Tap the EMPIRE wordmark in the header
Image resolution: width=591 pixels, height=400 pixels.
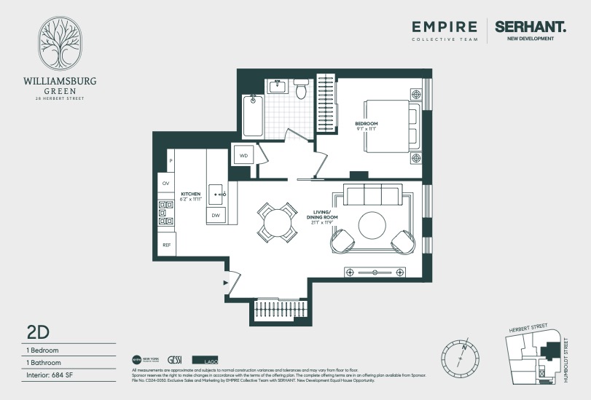point(445,27)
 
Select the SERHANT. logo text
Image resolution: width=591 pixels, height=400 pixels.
point(530,27)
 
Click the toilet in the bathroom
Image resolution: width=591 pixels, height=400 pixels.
point(301,90)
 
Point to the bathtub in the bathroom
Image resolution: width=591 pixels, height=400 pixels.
point(252,117)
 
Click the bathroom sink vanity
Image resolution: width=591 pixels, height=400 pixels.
point(278,87)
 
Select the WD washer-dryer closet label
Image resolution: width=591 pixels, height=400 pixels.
point(243,155)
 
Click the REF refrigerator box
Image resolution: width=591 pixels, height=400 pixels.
point(166,246)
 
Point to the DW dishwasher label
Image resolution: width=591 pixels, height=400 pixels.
point(216,216)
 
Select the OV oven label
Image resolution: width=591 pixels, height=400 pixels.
point(166,184)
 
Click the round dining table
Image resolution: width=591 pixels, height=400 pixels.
point(278,222)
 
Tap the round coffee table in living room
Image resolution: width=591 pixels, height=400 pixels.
point(373,224)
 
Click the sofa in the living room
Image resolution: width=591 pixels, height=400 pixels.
point(372,195)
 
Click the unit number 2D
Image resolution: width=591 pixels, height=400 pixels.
point(37,332)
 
